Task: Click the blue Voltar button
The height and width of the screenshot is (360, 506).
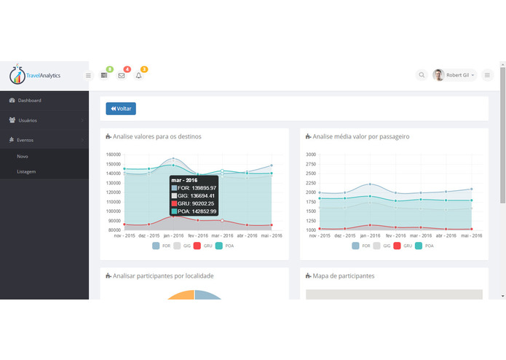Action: (x=121, y=109)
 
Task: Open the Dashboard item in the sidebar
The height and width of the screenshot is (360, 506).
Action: (x=29, y=101)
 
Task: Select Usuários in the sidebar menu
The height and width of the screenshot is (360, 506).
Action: (x=28, y=120)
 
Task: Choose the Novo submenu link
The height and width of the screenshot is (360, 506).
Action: (x=23, y=156)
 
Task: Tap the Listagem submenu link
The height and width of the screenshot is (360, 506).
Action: (x=26, y=171)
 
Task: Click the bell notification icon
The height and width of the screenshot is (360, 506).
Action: (x=139, y=75)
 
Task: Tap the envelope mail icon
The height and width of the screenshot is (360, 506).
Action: (x=122, y=75)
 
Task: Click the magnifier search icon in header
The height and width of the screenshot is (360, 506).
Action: (x=422, y=75)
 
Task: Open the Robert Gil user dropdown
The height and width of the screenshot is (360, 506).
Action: (x=456, y=75)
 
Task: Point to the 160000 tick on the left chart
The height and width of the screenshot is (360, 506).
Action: (x=112, y=154)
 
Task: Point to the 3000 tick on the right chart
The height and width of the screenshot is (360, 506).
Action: (x=311, y=154)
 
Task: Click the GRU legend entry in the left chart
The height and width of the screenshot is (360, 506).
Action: (x=205, y=246)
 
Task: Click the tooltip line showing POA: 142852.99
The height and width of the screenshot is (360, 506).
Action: (x=193, y=211)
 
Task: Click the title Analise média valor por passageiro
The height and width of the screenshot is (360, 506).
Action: (x=361, y=136)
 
